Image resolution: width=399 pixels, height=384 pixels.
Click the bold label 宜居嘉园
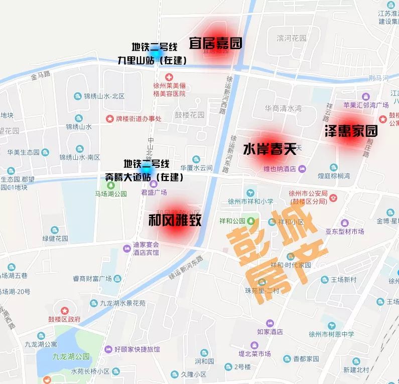[x=215, y=43]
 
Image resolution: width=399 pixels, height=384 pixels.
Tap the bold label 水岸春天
[x=270, y=149]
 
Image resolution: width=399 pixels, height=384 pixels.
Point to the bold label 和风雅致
[x=175, y=220]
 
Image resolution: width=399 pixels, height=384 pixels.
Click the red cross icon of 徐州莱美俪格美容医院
[x=169, y=78]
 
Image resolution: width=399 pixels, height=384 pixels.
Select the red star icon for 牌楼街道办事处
[x=109, y=119]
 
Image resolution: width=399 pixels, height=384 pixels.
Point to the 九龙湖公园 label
[x=71, y=357]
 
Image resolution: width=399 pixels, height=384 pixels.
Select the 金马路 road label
[x=41, y=75]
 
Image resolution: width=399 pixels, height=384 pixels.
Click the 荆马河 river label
[x=378, y=78]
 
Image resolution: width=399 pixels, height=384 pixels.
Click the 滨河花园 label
[x=291, y=38]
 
